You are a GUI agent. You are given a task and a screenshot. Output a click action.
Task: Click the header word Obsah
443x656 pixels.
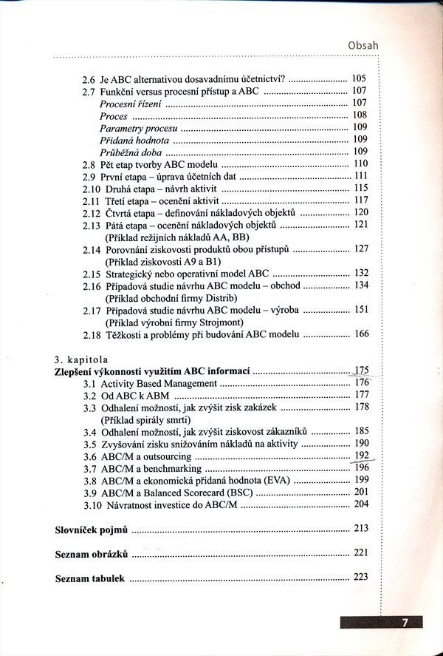(363, 46)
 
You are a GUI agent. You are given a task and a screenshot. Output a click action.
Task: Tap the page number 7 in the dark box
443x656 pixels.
(405, 623)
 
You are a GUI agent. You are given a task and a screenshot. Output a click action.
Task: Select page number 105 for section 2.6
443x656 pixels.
(360, 78)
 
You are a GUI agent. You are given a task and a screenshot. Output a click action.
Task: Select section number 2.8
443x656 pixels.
(89, 163)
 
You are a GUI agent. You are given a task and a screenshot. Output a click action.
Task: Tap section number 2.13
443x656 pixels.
(91, 224)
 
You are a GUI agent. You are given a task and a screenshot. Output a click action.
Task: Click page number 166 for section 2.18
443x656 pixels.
(360, 334)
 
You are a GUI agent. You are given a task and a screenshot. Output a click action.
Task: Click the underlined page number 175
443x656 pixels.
(361, 371)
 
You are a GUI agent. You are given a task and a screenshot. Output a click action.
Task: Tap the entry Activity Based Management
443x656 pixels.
(159, 383)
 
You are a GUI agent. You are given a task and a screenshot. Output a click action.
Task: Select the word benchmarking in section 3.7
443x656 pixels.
(170, 468)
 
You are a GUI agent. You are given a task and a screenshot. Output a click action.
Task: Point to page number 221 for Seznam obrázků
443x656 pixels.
(360, 552)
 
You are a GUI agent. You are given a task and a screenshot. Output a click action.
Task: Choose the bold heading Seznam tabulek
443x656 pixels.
(90, 577)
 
